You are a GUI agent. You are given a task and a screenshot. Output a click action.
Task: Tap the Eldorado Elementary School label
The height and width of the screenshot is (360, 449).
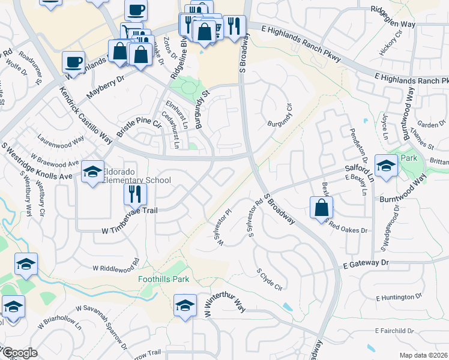137,180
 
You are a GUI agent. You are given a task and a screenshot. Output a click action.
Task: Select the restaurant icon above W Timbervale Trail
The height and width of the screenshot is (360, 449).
134,194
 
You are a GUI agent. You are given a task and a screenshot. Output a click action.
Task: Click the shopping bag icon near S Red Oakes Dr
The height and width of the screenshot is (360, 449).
321,208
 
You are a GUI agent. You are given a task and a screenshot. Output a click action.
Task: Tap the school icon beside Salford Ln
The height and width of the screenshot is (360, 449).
386,165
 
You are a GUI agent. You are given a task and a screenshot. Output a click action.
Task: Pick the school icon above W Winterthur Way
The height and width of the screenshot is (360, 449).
185,306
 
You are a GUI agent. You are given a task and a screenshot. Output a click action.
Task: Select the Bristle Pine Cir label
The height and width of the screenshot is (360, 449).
140,128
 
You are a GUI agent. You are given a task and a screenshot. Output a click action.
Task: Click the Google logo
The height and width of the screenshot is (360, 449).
20,353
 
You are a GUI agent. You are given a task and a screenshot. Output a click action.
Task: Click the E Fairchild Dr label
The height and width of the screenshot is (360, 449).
396,331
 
